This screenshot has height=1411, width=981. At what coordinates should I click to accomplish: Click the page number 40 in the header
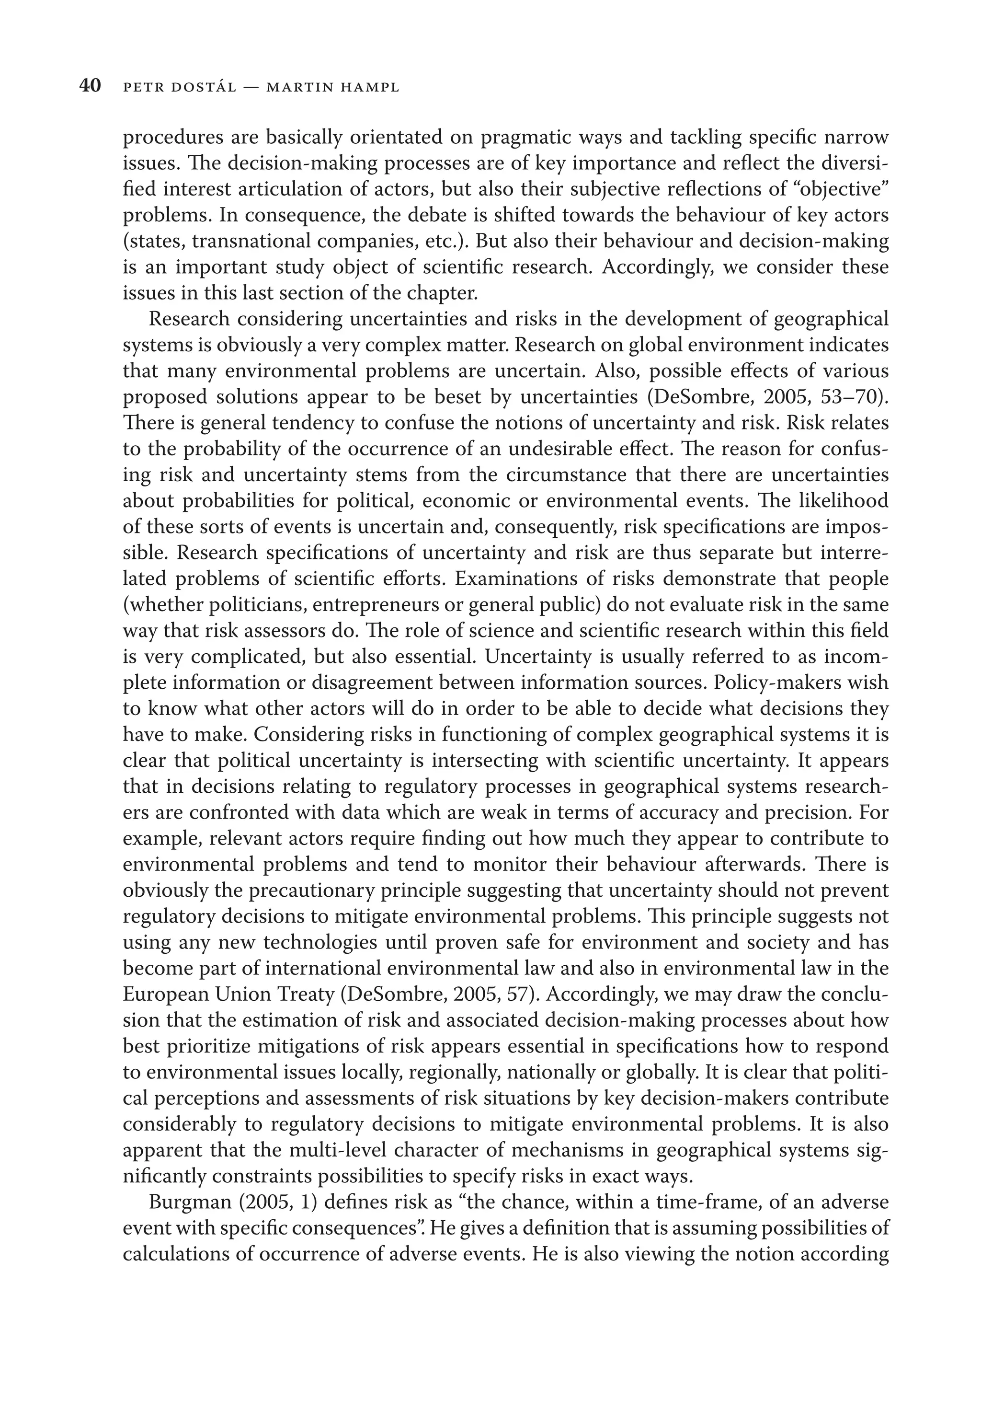[x=90, y=87]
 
